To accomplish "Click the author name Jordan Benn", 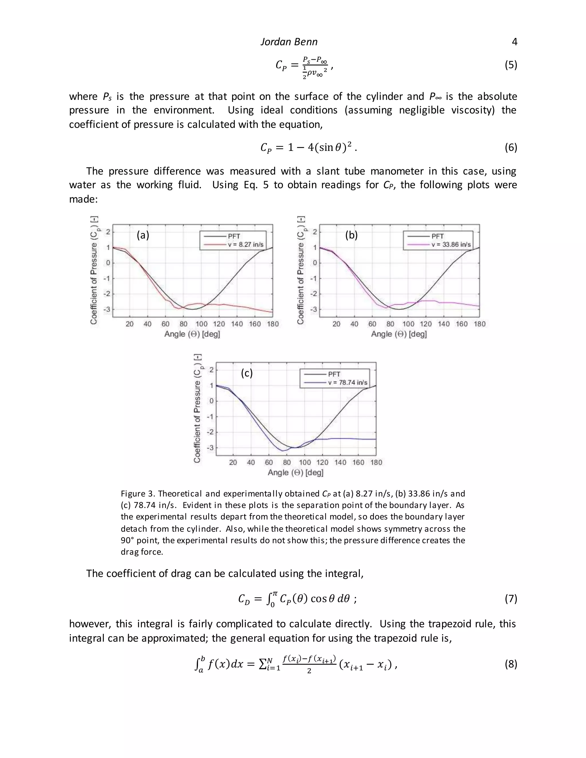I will pos(289,42).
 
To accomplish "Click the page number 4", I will pos(514,42).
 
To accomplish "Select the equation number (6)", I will pos(511,148).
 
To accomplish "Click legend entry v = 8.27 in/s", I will pos(246,245).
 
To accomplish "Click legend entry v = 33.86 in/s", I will pos(451,245).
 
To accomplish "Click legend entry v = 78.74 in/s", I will pos(347,382).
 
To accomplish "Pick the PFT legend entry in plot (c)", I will pos(334,374).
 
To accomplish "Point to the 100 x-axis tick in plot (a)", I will pos(201,324).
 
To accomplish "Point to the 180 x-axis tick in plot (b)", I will pos(480,324).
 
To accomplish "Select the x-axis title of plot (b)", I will pos(399,334).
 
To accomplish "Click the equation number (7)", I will pos(511,598).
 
